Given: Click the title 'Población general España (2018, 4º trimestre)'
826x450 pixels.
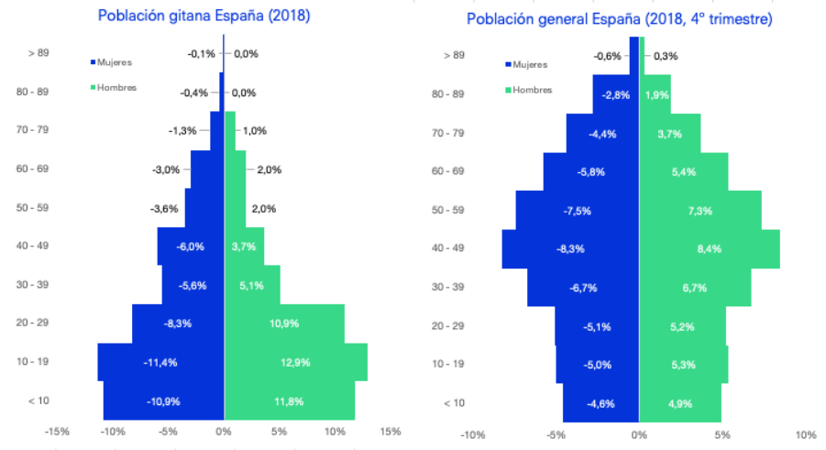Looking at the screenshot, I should [619, 19].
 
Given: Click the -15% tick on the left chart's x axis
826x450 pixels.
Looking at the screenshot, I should [57, 431].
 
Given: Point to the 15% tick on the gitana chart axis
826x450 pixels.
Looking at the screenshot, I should [390, 431].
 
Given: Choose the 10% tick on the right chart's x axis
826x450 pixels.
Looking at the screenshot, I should [806, 434].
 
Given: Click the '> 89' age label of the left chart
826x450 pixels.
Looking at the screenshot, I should [38, 54].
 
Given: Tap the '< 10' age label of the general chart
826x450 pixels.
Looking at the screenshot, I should [455, 403].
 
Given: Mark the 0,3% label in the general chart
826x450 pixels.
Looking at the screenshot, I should [666, 56].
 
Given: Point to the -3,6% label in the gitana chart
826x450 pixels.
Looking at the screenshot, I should [164, 208].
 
